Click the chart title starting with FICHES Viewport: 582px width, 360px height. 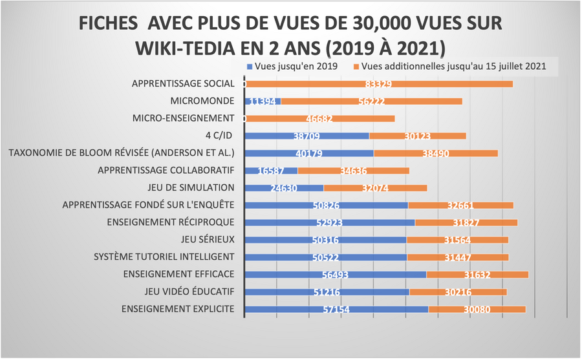tap(290, 35)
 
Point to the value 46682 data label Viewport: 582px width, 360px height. tap(320, 119)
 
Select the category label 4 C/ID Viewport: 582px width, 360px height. tap(218, 136)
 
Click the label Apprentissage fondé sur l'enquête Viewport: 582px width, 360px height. tap(148, 205)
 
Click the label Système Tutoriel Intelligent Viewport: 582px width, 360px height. tap(164, 257)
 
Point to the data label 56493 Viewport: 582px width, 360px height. tap(336, 275)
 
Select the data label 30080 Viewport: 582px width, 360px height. tap(478, 310)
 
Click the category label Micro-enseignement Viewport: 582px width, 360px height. tap(182, 118)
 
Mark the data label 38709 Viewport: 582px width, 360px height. tap(307, 136)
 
